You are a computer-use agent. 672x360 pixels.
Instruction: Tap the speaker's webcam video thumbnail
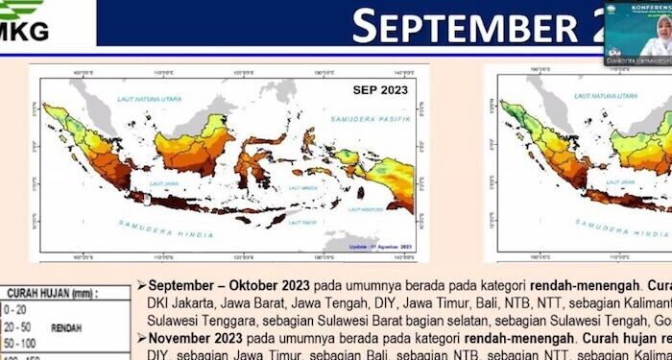tap(637, 36)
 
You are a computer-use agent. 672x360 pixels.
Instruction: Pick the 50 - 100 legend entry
tap(21, 342)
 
